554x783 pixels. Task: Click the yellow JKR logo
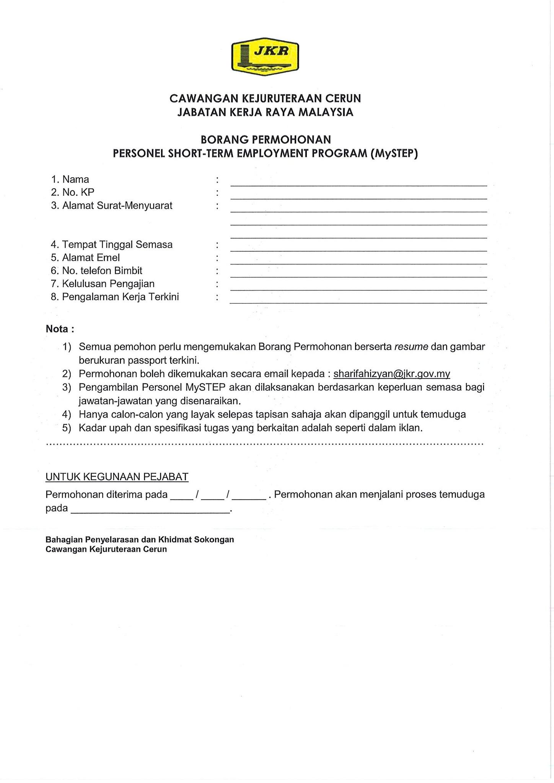pos(265,57)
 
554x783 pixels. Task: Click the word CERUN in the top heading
pos(343,99)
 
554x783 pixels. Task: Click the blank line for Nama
pos(358,183)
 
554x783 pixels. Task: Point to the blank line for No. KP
pos(358,196)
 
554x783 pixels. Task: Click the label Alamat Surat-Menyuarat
pos(117,206)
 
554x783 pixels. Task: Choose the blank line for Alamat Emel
pos(358,261)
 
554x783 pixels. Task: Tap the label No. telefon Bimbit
pos(102,271)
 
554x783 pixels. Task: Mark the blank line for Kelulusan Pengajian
pos(358,287)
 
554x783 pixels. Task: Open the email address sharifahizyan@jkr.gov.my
pos(391,374)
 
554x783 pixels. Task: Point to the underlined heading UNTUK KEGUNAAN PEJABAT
pos(117,477)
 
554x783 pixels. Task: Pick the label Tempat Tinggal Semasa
pos(117,245)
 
